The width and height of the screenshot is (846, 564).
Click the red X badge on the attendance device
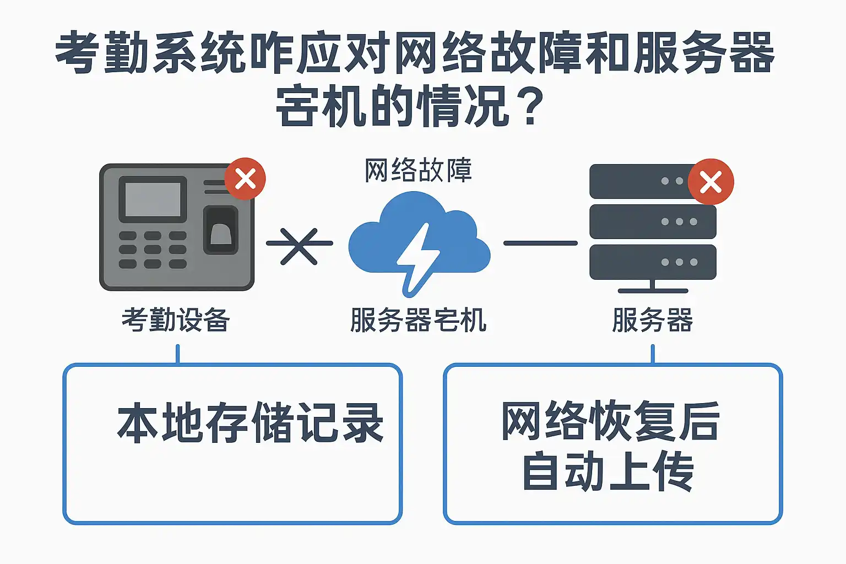point(245,179)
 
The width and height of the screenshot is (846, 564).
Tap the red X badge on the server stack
point(711,182)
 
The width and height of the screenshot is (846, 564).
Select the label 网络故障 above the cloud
point(418,170)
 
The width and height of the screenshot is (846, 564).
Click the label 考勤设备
point(176,320)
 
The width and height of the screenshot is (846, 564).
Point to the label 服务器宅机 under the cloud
point(418,320)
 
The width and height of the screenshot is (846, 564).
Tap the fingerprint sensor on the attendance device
point(221,231)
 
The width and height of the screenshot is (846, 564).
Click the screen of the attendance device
point(153,199)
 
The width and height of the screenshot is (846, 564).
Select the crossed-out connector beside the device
point(299,245)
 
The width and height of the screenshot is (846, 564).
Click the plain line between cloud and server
point(540,243)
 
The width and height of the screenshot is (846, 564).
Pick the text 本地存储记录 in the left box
point(251,423)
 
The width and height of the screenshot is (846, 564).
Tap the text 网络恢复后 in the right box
point(610,421)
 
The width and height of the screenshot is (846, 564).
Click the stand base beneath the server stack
point(653,290)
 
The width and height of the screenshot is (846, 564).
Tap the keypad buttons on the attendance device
point(153,250)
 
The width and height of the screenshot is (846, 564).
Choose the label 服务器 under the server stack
point(653,320)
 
